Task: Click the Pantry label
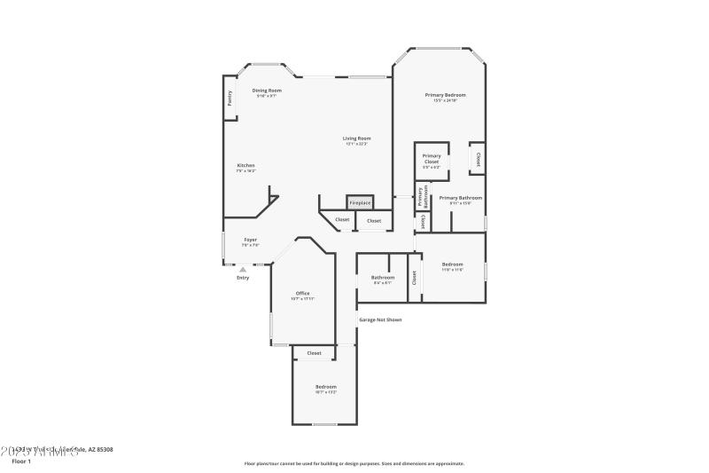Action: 230,99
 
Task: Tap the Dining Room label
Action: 267,91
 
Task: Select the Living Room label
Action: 356,138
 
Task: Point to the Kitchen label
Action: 245,166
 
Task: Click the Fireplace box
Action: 360,203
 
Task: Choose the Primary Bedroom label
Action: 445,95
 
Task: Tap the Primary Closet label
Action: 432,159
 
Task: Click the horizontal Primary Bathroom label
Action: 461,198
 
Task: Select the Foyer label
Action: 251,240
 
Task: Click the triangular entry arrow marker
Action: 243,267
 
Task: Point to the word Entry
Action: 243,278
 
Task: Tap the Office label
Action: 302,293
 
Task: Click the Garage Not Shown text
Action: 380,319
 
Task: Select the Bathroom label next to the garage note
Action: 383,277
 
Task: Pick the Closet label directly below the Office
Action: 314,353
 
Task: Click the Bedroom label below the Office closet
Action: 326,387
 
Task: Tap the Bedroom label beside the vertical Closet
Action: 453,264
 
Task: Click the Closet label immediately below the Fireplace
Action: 374,221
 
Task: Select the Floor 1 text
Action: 20,461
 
